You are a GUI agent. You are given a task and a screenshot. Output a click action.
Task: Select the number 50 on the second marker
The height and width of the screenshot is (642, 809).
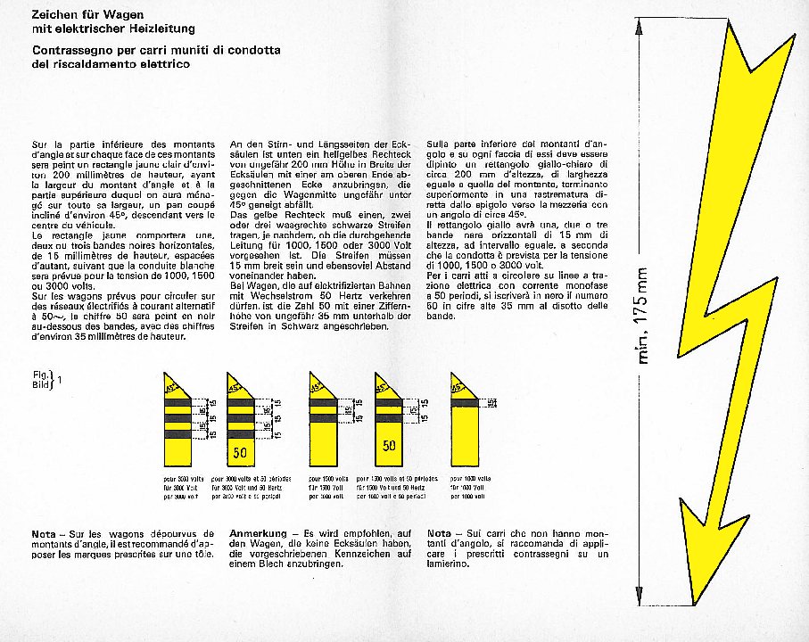[241, 453]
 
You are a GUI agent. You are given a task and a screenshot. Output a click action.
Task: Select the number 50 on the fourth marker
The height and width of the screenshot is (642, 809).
[390, 445]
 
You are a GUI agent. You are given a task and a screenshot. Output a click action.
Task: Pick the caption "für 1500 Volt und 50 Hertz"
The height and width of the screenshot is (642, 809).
[387, 488]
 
